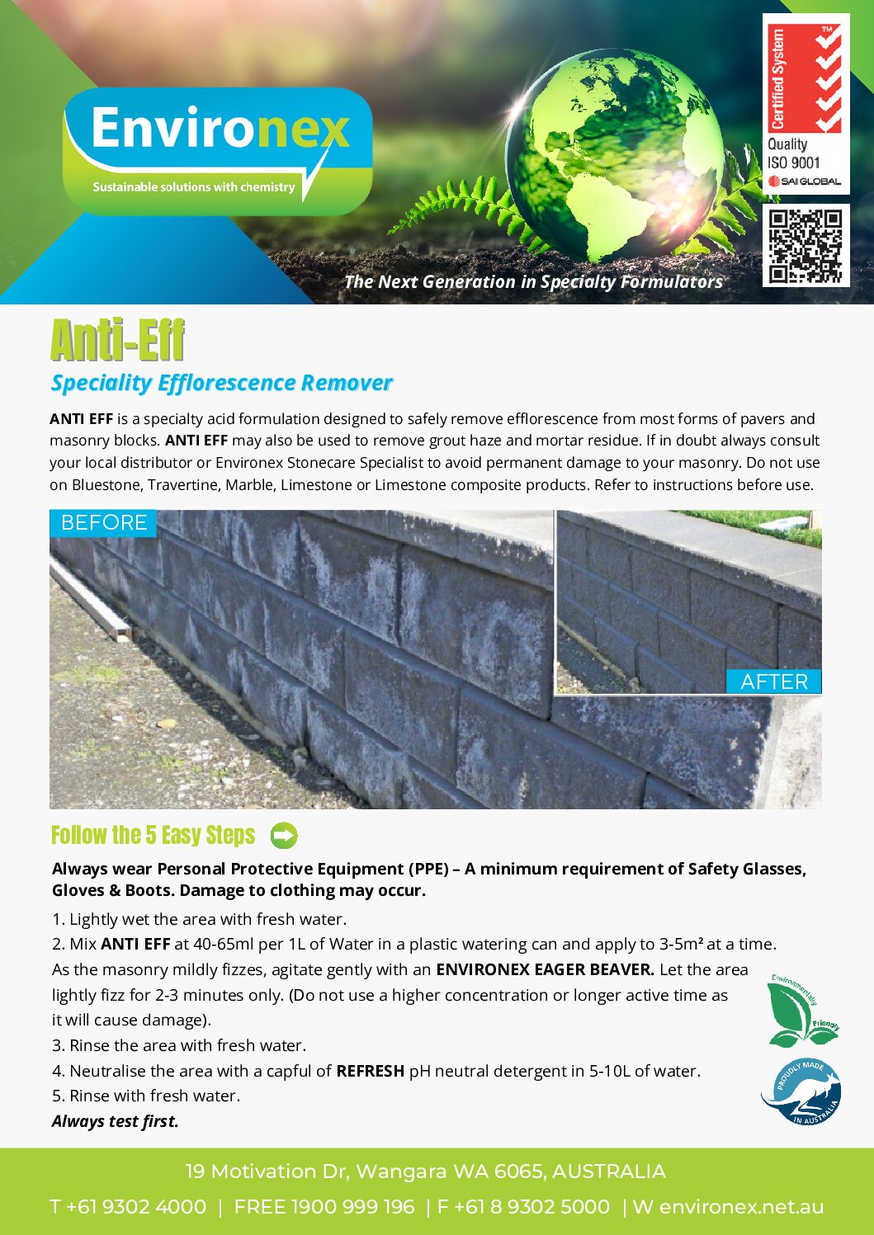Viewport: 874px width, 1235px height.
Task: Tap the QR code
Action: point(805,246)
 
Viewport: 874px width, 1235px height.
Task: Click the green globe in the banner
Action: point(614,153)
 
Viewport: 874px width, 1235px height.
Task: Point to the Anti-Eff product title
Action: point(117,340)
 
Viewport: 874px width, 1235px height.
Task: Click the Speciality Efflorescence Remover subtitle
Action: point(221,383)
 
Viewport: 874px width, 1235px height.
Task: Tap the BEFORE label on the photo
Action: point(104,523)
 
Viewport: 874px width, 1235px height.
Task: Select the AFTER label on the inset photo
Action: point(773,681)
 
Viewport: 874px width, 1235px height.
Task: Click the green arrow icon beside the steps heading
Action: point(284,836)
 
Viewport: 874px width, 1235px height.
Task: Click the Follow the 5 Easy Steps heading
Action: point(154,836)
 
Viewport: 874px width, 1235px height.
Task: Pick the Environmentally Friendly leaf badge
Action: point(801,1010)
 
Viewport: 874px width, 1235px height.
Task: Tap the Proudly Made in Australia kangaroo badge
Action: point(801,1091)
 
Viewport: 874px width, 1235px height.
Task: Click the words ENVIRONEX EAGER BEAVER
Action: point(545,969)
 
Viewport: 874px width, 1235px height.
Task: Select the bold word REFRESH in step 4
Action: point(370,1071)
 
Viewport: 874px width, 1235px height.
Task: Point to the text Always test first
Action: point(116,1121)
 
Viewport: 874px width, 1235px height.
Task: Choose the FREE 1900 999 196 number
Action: point(324,1207)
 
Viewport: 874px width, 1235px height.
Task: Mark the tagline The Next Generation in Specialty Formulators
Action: point(533,282)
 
